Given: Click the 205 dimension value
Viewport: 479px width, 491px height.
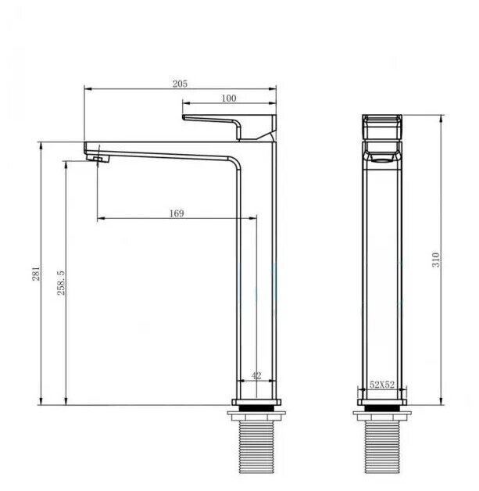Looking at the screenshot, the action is click(180, 84).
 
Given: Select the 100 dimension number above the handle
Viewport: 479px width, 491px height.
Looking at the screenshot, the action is click(229, 99).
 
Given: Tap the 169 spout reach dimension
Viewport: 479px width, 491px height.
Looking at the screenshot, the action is click(177, 213).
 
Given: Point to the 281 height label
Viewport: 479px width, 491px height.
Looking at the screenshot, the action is click(36, 274).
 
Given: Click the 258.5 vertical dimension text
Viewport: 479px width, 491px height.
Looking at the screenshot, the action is click(61, 283).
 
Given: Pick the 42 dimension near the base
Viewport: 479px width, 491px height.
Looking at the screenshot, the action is click(256, 375).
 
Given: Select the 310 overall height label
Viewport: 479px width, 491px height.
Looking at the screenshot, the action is click(436, 260).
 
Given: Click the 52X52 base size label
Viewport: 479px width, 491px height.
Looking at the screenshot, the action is click(382, 385).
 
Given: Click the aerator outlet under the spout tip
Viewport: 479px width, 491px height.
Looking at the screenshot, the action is click(98, 159).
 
